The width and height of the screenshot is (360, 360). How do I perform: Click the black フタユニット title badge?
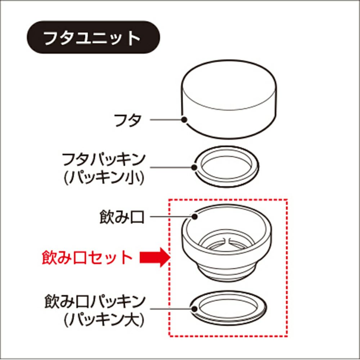pos(93,37)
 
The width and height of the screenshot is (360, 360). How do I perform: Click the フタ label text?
pos(127,120)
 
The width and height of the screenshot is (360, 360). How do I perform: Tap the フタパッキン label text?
pos(104,160)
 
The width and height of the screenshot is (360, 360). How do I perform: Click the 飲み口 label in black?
pos(122,217)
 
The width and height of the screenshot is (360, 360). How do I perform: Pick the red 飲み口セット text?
pos(87,258)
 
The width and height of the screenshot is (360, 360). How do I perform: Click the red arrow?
pos(155,257)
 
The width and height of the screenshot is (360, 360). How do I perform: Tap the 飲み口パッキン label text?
pos(95,302)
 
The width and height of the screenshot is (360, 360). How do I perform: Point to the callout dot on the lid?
pos(184,120)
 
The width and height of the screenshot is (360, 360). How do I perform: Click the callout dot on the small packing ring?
pos(194,167)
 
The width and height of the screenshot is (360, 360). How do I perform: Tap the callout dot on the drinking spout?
pos(195,216)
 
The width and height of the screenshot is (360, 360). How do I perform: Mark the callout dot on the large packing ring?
pos(194,309)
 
